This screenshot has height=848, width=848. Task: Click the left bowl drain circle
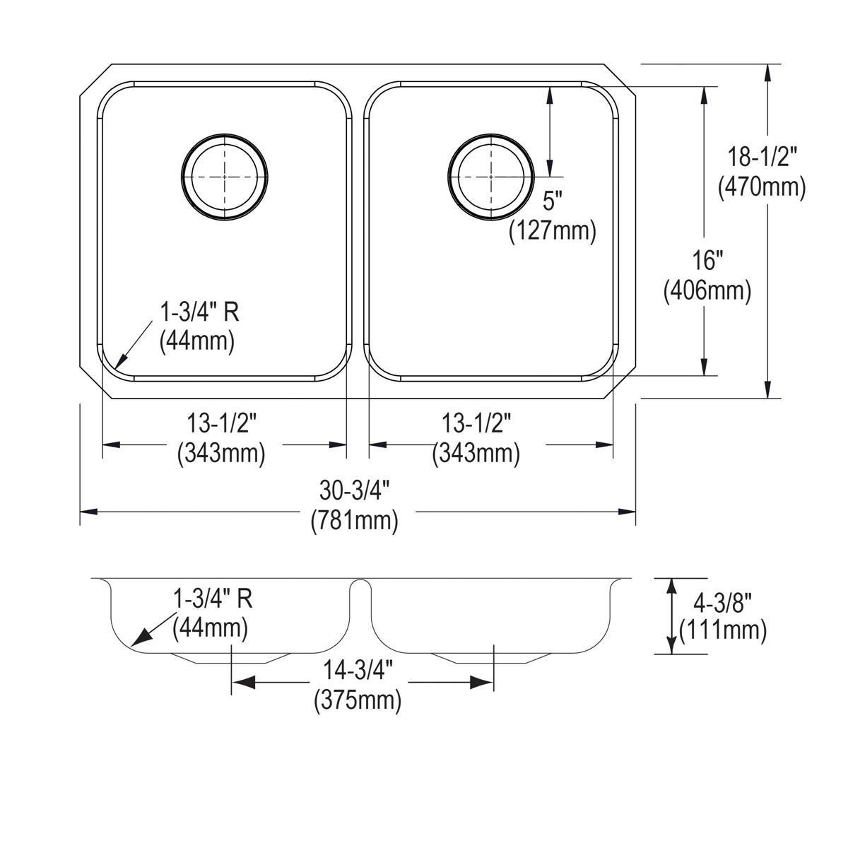click(225, 173)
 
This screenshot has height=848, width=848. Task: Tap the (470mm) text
click(761, 187)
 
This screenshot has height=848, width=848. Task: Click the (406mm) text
click(706, 290)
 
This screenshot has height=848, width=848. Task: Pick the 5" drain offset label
click(553, 202)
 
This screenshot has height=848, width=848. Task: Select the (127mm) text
click(553, 231)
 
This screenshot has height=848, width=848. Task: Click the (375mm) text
click(358, 700)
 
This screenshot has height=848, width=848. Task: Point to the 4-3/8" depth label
click(722, 601)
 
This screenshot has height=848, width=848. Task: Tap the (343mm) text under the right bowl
click(476, 453)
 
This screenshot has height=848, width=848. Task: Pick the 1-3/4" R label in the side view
click(213, 599)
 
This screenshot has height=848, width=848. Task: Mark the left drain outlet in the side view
click(230, 658)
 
